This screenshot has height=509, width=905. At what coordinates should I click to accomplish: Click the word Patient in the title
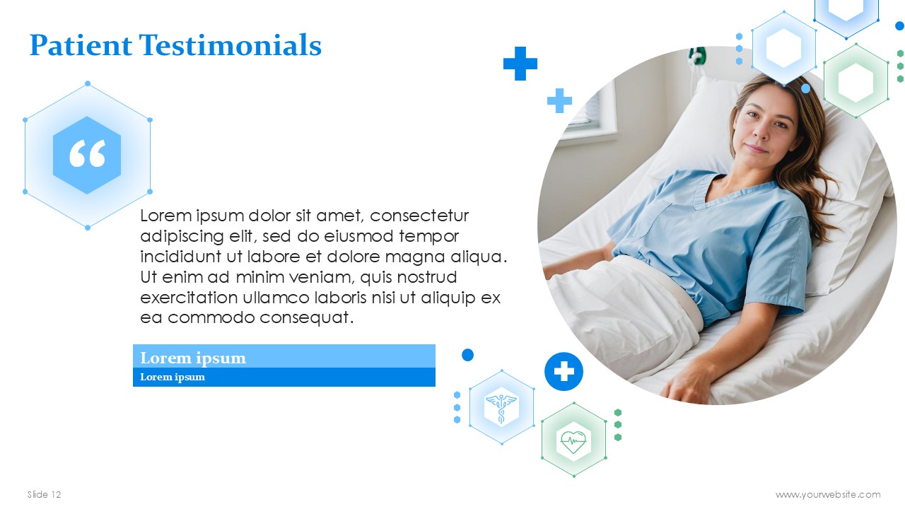(81, 45)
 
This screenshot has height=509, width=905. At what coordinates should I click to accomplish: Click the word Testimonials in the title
(230, 45)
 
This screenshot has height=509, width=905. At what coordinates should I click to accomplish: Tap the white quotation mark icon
(87, 153)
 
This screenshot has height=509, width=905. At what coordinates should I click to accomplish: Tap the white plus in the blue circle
(564, 371)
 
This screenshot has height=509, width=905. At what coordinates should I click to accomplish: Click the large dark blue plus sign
(520, 64)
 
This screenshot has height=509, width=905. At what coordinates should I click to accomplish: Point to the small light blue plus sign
(559, 100)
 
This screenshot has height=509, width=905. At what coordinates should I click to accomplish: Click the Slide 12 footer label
(44, 494)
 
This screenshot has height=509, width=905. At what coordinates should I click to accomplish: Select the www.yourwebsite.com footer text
(828, 494)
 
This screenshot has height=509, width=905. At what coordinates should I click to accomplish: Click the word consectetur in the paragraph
(419, 216)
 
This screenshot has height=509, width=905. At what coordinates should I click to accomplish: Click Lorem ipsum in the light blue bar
(193, 358)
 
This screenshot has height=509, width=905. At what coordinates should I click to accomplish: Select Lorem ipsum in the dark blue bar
(173, 377)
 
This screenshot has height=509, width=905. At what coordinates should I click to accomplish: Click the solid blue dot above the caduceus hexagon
(467, 355)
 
